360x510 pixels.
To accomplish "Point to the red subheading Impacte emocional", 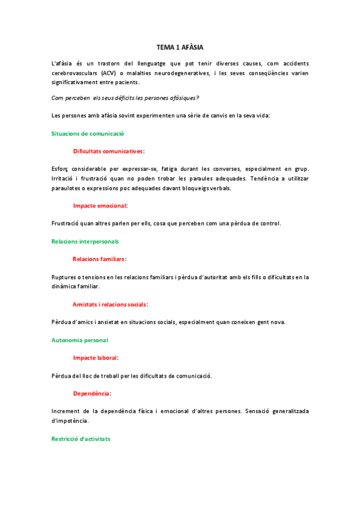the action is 100,205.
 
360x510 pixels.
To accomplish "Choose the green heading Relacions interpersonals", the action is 85,241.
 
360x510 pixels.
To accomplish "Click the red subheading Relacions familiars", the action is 99,259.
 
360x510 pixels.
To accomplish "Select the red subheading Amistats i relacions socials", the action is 110,304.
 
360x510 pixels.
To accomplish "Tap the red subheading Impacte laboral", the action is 96,358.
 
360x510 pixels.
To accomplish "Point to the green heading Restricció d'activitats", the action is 81,439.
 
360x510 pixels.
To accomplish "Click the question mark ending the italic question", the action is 198,97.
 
